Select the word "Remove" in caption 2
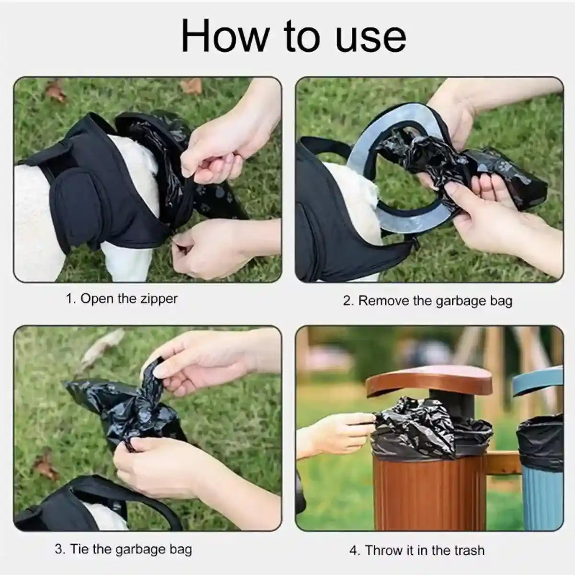(x=384, y=301)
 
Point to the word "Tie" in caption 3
(x=80, y=549)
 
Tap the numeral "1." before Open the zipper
(x=71, y=299)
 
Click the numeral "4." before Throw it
(x=355, y=550)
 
